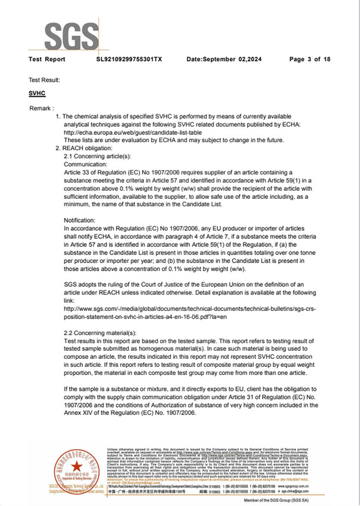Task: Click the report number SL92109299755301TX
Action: pos(129,60)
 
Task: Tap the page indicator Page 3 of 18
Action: pos(310,60)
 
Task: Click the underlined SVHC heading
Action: pos(37,93)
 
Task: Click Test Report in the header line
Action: pos(47,60)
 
